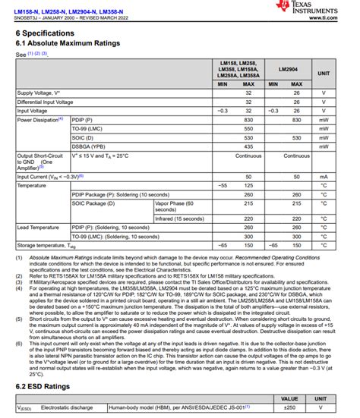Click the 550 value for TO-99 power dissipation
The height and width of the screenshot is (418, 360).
point(248,129)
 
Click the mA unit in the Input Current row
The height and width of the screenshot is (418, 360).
point(323,176)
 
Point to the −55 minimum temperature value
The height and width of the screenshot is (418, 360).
point(223,185)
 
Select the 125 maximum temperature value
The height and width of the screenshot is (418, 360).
point(248,185)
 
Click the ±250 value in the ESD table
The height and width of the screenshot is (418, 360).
point(289,408)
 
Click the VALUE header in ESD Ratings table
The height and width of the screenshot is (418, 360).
point(289,398)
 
